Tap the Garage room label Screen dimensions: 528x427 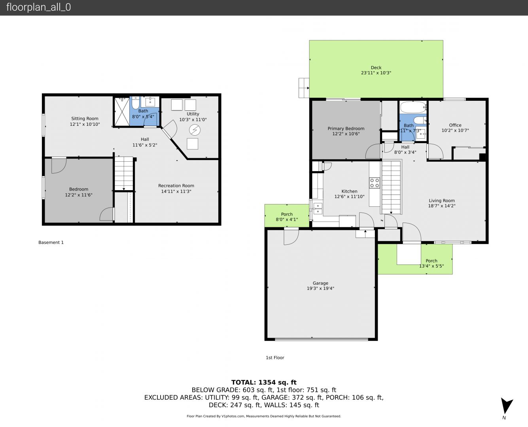[x=320, y=283]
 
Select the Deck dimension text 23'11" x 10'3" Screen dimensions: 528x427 [x=376, y=73]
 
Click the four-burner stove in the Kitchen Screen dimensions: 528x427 [x=374, y=183]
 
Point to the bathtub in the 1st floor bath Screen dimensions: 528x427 [x=413, y=107]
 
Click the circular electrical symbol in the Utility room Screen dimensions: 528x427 [x=195, y=130]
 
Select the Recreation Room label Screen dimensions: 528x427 [x=176, y=185]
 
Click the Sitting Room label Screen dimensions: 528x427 [x=85, y=119]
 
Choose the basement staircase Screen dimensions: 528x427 [x=124, y=173]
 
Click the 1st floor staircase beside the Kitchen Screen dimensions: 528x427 [x=391, y=187]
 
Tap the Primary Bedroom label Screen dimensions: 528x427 [x=346, y=128]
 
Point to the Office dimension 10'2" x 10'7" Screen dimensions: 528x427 [x=455, y=130]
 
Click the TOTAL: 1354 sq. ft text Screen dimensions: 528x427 [x=264, y=382]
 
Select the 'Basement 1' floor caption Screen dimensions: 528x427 [x=51, y=242]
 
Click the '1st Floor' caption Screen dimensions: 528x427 [x=275, y=357]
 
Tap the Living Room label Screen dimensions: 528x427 [x=442, y=200]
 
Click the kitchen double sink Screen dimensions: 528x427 [x=318, y=208]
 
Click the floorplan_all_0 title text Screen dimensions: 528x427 [x=39, y=7]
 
